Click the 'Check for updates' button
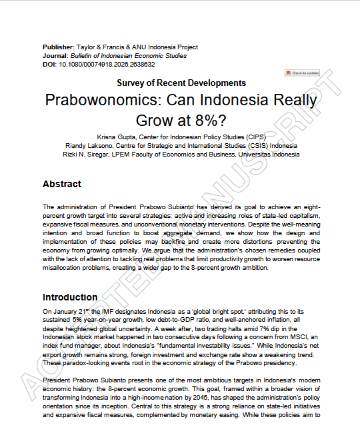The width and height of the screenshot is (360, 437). [x=302, y=73]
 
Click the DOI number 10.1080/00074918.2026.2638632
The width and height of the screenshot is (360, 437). [x=107, y=65]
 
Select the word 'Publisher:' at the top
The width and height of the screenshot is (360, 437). [x=58, y=47]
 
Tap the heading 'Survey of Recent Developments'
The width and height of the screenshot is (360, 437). [x=181, y=83]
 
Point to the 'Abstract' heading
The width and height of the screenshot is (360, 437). [x=62, y=184]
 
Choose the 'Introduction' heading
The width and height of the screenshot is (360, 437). [x=71, y=297]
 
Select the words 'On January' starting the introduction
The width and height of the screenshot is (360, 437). [x=58, y=311]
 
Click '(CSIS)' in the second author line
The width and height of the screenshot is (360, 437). [x=258, y=145]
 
